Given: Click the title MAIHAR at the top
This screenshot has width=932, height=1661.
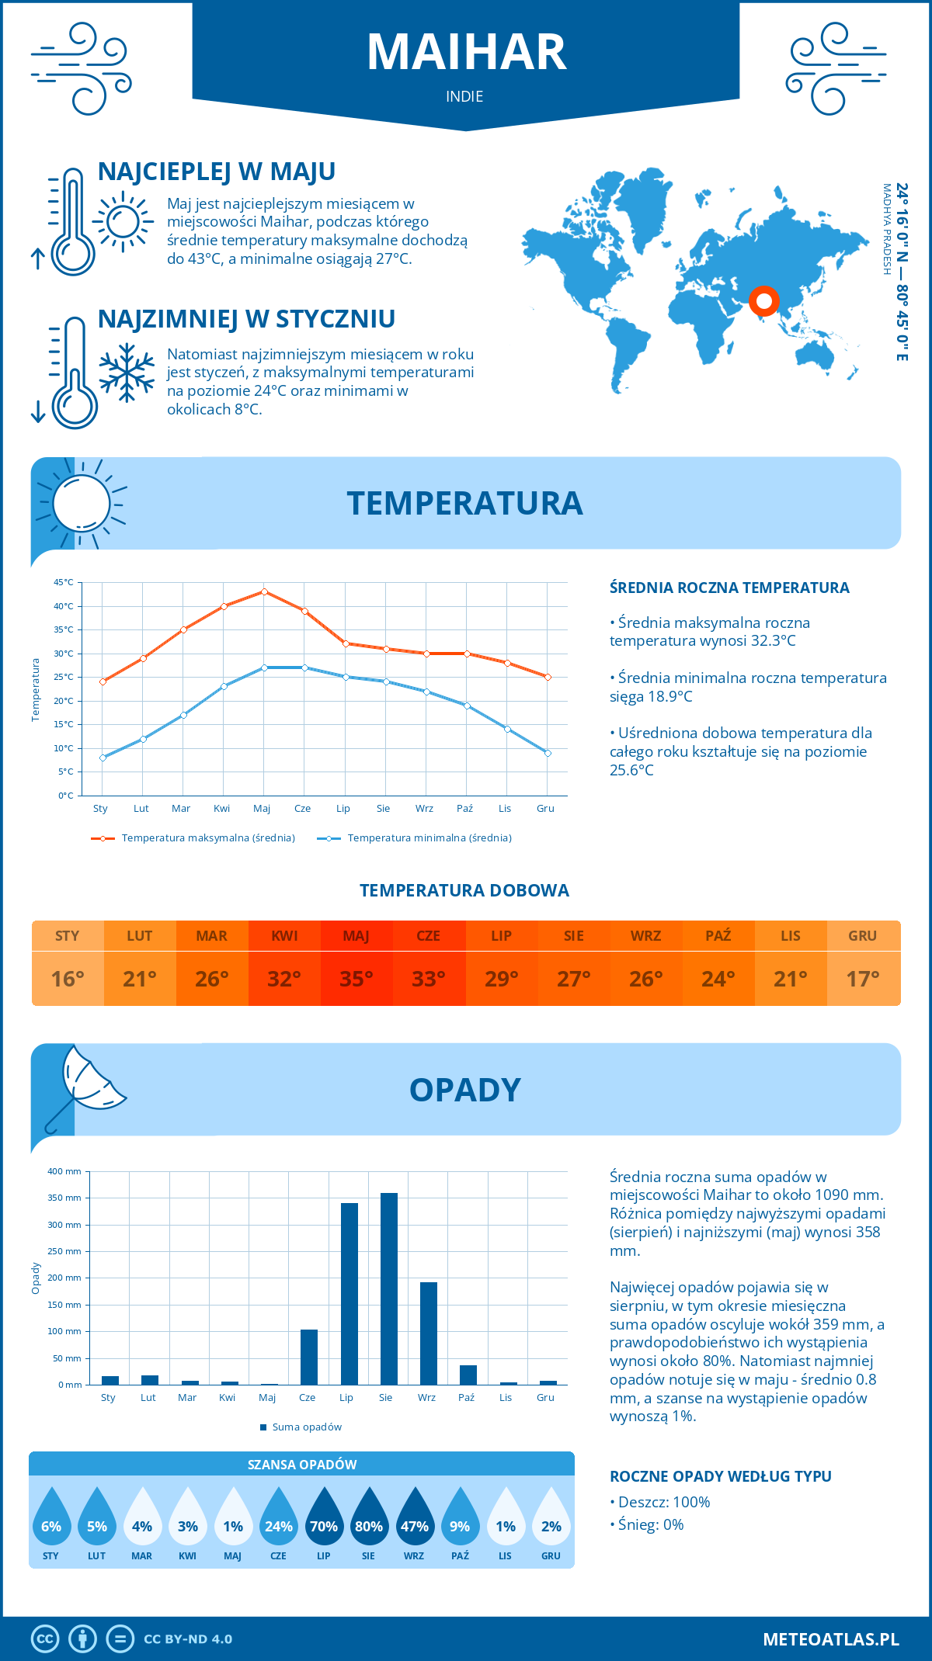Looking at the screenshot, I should tap(466, 53).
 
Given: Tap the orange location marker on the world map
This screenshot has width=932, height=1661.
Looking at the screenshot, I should tap(763, 300).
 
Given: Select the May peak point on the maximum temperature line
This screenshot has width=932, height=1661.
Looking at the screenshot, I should tap(264, 591).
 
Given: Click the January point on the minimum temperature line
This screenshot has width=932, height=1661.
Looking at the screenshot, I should tap(103, 758).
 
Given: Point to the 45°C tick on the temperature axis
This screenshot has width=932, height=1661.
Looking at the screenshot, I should tap(64, 582).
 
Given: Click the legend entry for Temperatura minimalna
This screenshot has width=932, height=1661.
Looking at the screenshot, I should tap(415, 838).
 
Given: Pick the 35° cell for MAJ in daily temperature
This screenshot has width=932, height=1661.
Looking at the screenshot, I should tap(356, 979).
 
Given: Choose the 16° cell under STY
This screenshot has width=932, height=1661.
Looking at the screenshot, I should tap(68, 979).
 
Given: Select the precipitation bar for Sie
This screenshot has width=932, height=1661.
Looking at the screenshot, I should tap(389, 1288).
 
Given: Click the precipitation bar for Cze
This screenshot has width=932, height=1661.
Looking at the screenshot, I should tap(309, 1357).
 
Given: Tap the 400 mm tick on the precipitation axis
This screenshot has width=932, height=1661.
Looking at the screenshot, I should tap(65, 1171).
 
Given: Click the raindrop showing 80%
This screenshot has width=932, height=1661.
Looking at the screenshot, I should tap(369, 1522).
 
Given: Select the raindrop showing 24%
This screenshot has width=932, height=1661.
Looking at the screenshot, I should tap(278, 1522).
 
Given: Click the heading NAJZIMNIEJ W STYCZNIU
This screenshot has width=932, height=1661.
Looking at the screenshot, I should tap(246, 319).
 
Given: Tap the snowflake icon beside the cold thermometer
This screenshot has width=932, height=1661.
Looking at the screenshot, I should tap(127, 373).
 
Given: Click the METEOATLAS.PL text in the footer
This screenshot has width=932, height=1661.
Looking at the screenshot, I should tap(830, 1639).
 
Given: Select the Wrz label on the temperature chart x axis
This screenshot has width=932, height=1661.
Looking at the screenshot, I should tap(424, 809).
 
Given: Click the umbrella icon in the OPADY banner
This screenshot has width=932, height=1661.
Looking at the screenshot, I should tap(85, 1087).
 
